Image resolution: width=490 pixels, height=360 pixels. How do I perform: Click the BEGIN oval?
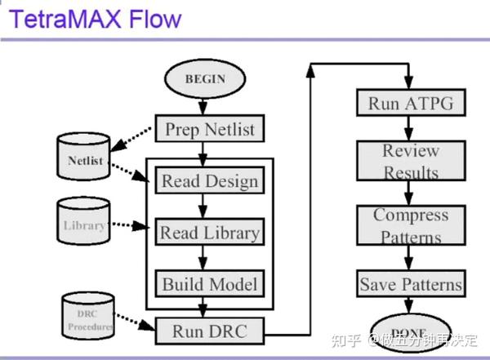pyautogui.click(x=204, y=79)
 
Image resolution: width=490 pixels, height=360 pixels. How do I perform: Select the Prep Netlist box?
pyautogui.click(x=209, y=128)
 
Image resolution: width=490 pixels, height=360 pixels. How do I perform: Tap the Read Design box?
pyautogui.click(x=209, y=180)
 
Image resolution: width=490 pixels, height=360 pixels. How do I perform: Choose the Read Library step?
pyautogui.click(x=209, y=233)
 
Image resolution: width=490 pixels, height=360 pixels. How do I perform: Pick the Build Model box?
pyautogui.click(x=209, y=284)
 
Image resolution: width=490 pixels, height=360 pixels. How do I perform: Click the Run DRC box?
pyautogui.click(x=209, y=331)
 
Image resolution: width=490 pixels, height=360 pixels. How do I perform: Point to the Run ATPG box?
pyautogui.click(x=411, y=104)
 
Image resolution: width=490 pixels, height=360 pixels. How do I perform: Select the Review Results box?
pyautogui.click(x=411, y=161)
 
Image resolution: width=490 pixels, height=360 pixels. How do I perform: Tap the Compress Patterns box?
pyautogui.click(x=411, y=226)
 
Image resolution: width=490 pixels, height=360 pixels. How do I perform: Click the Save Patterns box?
pyautogui.click(x=411, y=284)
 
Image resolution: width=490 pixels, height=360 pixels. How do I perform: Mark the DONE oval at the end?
pyautogui.click(x=411, y=331)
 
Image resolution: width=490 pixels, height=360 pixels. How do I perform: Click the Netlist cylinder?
pyautogui.click(x=85, y=160)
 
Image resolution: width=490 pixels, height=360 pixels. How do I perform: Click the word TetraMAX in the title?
pyautogui.click(x=66, y=18)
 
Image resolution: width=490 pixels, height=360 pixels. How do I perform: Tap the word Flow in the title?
pyautogui.click(x=154, y=18)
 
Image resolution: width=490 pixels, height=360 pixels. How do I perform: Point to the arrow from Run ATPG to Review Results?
pyautogui.click(x=411, y=129)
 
